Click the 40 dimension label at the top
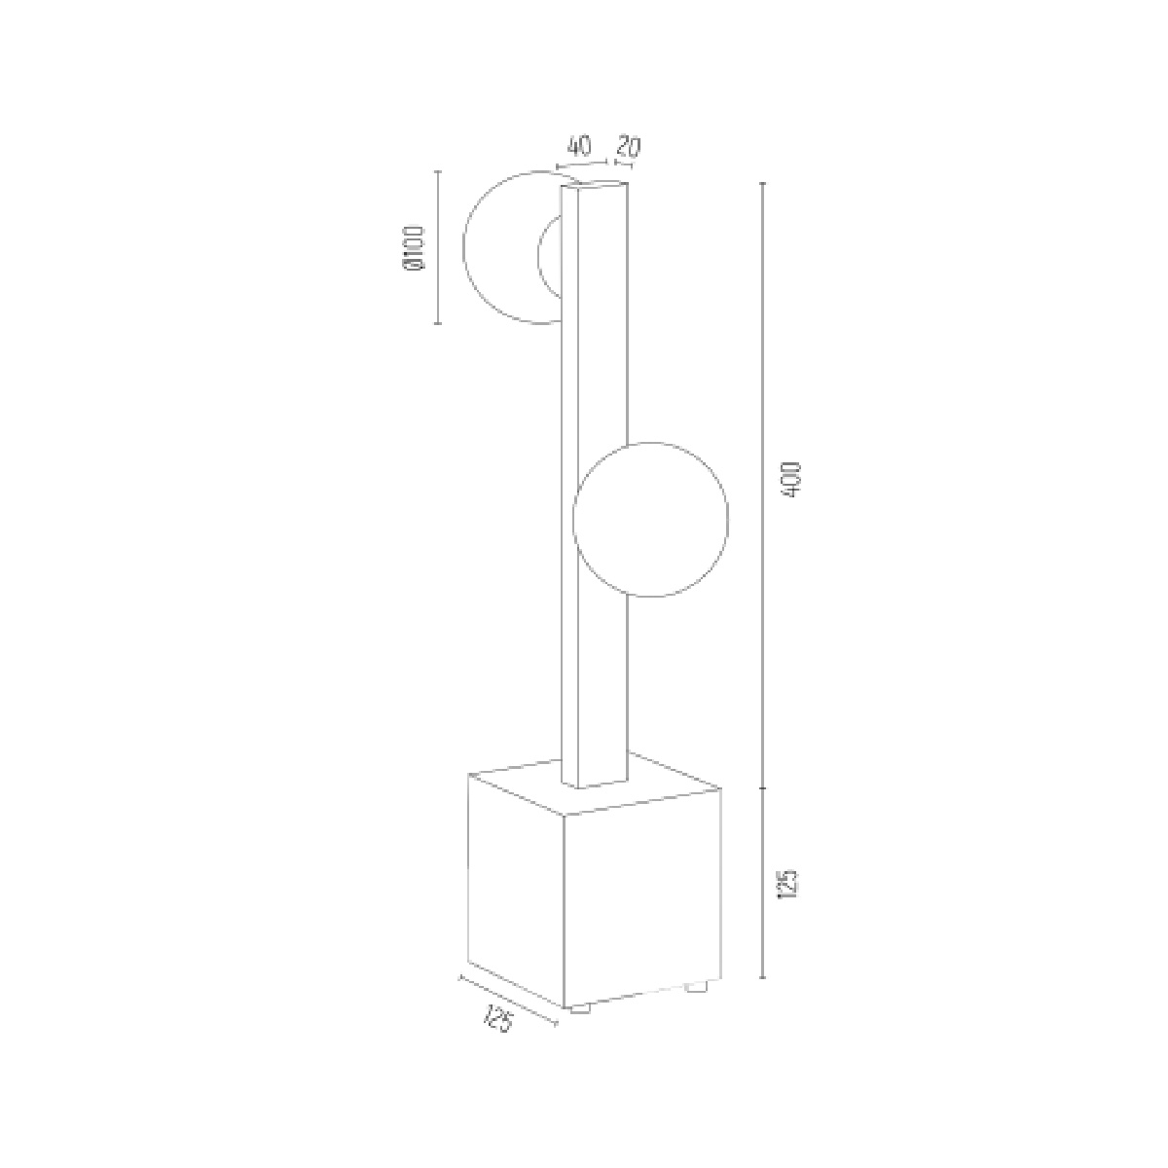pyautogui.click(x=579, y=147)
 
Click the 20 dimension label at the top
pyautogui.click(x=629, y=147)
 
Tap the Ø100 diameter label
pyautogui.click(x=415, y=247)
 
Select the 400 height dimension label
pyautogui.click(x=791, y=480)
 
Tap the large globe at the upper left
pyautogui.click(x=463, y=247)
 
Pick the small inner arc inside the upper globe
pyautogui.click(x=538, y=256)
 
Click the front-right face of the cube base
pyautogui.click(x=642, y=899)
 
